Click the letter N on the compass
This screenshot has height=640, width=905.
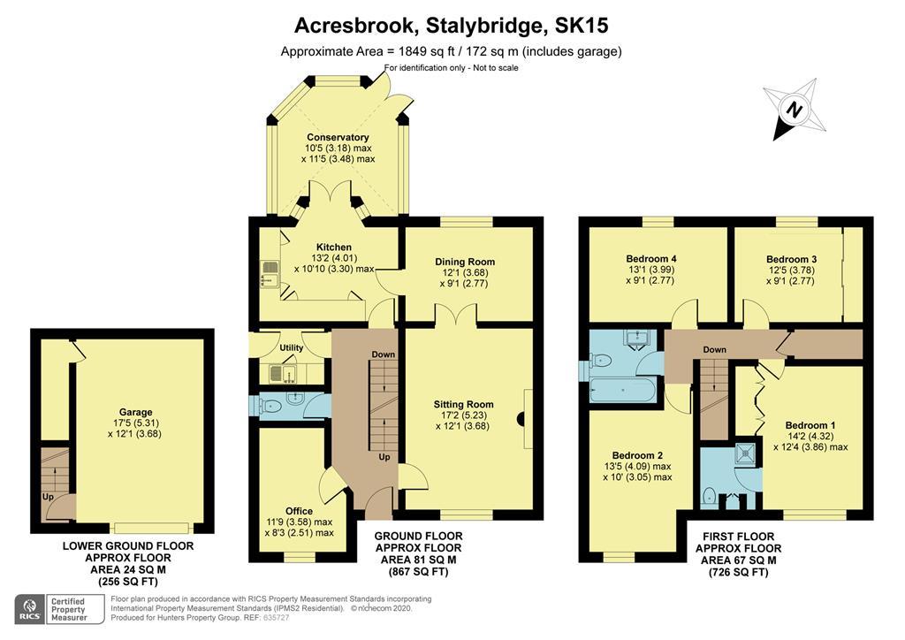click(x=795, y=110)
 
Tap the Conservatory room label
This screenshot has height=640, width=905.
click(x=338, y=137)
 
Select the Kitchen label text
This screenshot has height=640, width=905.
click(x=333, y=247)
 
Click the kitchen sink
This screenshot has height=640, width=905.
click(x=270, y=273)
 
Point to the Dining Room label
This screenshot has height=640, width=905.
click(x=465, y=262)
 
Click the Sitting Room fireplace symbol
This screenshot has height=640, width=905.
click(x=521, y=419)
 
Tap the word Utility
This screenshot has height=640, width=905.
click(x=291, y=348)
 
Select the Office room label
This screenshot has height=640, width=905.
click(x=299, y=511)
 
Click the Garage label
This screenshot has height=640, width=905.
click(x=135, y=412)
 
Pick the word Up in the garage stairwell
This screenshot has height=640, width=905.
click(x=48, y=497)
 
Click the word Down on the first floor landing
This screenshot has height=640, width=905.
click(x=714, y=350)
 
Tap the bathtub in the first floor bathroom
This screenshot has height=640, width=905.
click(x=623, y=390)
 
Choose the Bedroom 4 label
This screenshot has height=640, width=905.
click(x=651, y=259)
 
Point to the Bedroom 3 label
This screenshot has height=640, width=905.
click(x=791, y=260)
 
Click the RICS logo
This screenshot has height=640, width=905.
click(x=29, y=609)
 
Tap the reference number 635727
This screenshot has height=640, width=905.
click(x=276, y=618)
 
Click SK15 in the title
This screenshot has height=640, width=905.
click(x=582, y=26)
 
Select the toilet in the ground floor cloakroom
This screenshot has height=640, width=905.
click(x=270, y=408)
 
